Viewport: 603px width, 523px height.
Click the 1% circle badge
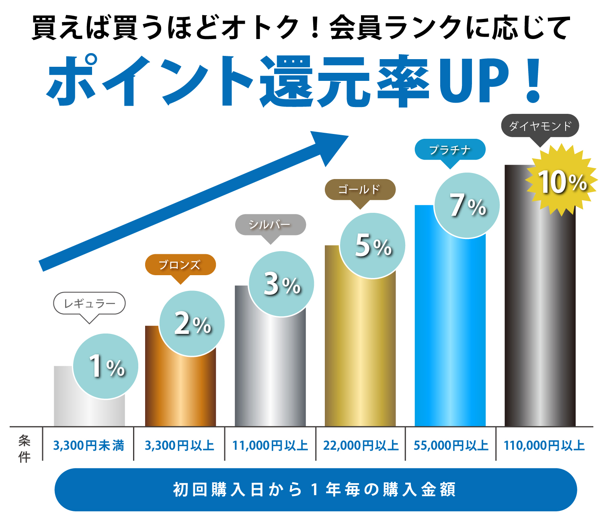(x=106, y=366)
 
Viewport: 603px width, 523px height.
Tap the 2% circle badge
(x=192, y=323)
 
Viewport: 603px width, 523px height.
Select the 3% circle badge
(x=281, y=284)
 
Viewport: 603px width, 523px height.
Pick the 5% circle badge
(x=372, y=245)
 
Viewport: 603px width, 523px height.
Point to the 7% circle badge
(x=467, y=205)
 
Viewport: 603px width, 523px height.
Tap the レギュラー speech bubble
(x=89, y=304)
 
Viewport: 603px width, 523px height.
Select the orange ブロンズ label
(x=180, y=265)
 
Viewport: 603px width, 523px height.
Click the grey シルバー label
(x=270, y=224)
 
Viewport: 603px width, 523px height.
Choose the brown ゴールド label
(x=360, y=189)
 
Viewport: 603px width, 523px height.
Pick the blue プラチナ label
(x=450, y=150)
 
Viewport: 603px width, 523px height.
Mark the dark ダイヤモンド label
(x=540, y=126)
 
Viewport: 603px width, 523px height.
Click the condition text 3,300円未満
(x=88, y=446)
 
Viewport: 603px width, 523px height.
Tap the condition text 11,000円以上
(x=270, y=446)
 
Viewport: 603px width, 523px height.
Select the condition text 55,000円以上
(x=451, y=446)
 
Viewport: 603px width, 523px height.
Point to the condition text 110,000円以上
(x=544, y=446)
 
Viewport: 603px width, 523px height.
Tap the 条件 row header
(x=25, y=449)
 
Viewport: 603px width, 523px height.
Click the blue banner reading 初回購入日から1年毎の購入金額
(x=316, y=490)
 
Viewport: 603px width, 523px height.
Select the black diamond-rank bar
(x=540, y=322)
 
